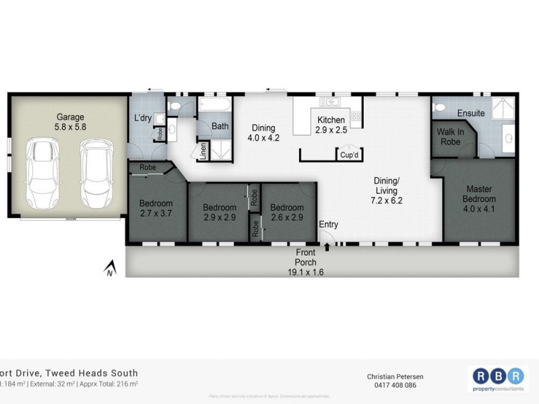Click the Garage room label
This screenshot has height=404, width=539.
[x=70, y=121]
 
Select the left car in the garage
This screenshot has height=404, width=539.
[x=42, y=174]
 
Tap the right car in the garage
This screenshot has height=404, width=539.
[x=94, y=174]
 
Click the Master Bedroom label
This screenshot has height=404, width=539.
[x=479, y=194]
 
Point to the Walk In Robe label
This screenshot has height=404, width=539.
[x=449, y=137]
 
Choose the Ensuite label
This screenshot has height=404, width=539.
[x=470, y=113]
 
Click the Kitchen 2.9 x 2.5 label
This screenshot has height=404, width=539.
[x=331, y=125]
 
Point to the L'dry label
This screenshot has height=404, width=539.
[x=143, y=118]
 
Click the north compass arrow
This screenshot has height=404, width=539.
[x=107, y=271]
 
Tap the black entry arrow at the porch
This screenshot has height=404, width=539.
[x=327, y=247]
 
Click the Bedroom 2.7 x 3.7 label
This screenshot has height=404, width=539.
[x=156, y=208]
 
